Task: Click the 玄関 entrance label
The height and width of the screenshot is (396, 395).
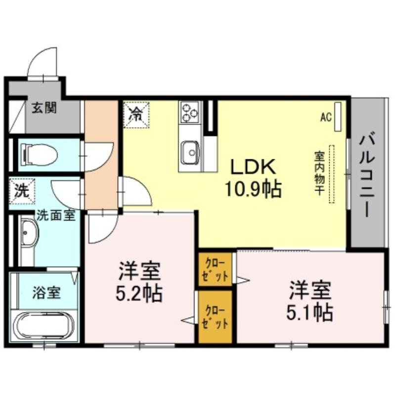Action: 44,108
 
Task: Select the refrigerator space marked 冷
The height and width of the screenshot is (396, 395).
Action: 136,114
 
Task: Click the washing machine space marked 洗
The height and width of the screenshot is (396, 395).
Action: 22,191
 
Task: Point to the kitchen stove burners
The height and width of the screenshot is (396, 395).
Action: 190,112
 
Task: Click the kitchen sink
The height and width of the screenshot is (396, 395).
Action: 190,152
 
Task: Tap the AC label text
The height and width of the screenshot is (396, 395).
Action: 326,117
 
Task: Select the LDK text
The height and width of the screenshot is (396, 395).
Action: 253,166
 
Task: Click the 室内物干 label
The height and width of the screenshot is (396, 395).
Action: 319,173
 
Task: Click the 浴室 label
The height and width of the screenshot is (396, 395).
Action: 46,293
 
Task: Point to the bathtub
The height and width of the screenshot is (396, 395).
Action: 44,326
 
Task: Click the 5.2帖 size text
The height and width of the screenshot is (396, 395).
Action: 139,294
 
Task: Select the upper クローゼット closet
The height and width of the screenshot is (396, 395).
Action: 215,269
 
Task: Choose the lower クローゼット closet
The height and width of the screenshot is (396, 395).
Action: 215,317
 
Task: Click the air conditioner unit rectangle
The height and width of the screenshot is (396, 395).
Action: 338,116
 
